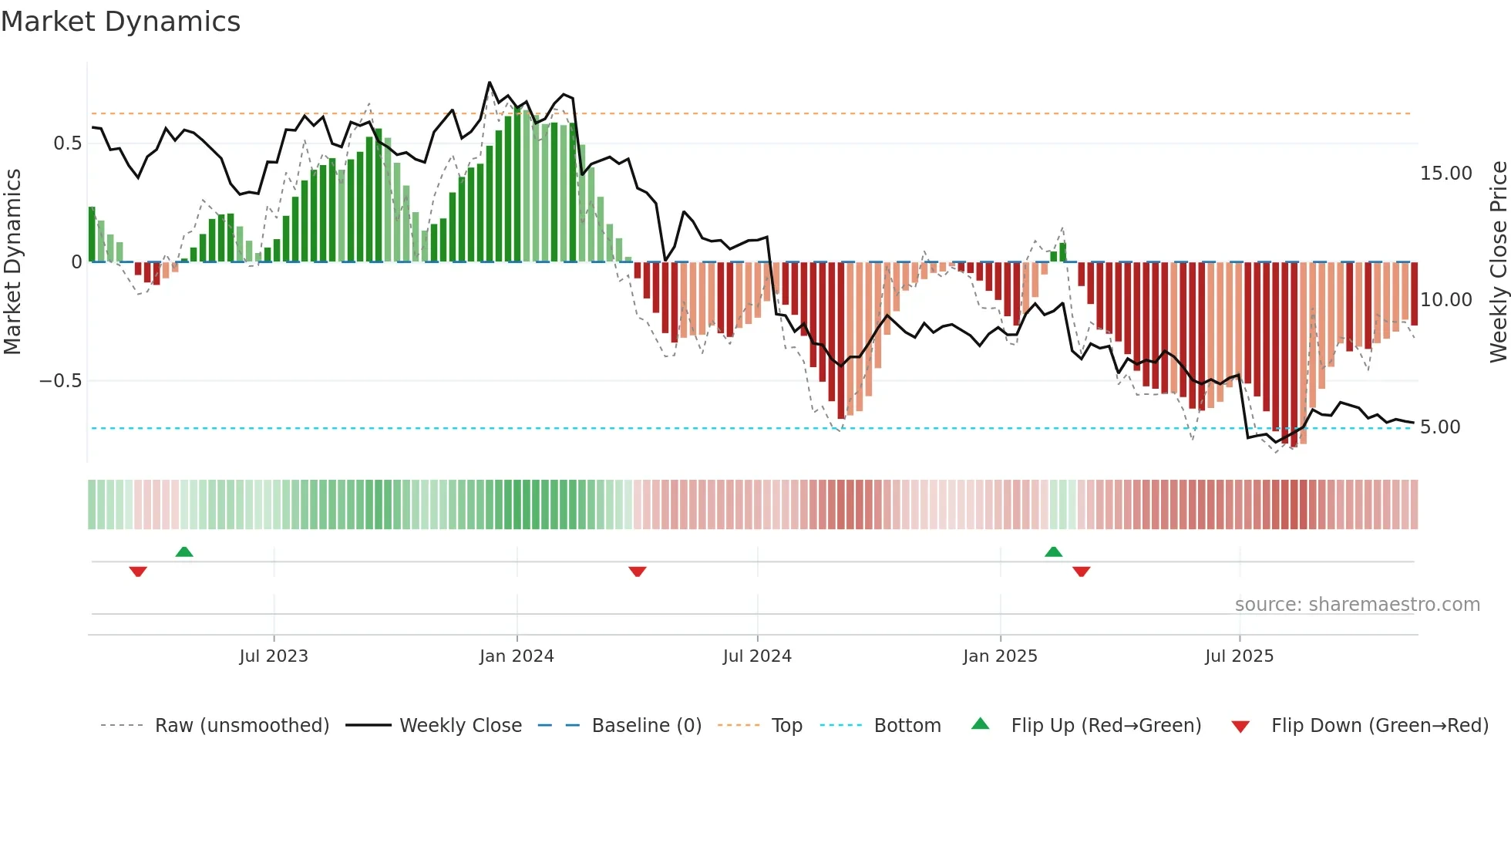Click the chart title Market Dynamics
(x=120, y=22)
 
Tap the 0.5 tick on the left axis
(x=68, y=143)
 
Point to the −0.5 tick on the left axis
(x=61, y=381)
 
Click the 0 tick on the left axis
(x=76, y=262)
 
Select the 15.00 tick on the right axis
(x=1445, y=174)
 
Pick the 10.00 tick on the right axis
(x=1445, y=300)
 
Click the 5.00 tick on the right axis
(x=1439, y=427)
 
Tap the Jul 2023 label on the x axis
(x=274, y=656)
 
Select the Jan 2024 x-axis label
(x=517, y=656)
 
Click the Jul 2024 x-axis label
(x=757, y=656)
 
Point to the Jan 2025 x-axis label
(x=1000, y=656)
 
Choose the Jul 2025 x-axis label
(x=1240, y=656)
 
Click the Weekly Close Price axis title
(x=1498, y=262)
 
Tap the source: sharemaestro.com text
(x=1357, y=605)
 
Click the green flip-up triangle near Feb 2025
(x=1053, y=551)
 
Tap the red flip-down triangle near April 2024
(x=637, y=572)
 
